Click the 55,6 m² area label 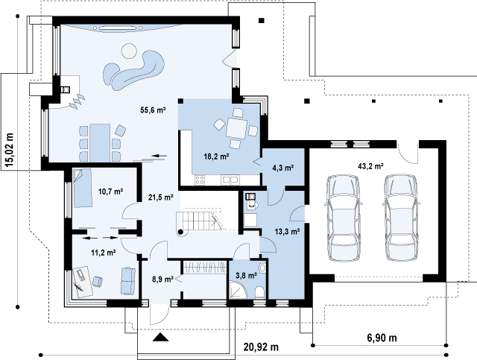(153, 110)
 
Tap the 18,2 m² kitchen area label (216, 157)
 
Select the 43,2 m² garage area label (370, 166)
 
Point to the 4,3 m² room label (283, 168)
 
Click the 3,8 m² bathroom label (247, 276)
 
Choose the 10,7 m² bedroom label (110, 192)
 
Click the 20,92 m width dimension (261, 347)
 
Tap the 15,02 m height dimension (9, 151)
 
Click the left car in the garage (343, 218)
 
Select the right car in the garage (401, 218)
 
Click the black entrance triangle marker (160, 337)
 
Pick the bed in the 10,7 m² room (82, 188)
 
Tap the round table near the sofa (129, 51)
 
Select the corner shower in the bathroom (238, 289)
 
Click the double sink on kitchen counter (230, 180)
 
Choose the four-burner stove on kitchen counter (200, 180)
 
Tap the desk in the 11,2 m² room (81, 282)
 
